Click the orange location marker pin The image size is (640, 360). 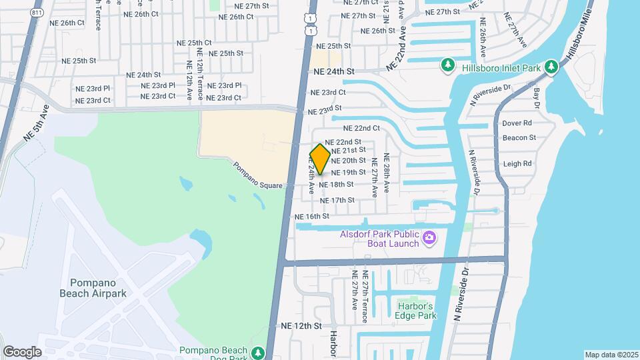[320, 159]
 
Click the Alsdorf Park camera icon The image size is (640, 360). [430, 237]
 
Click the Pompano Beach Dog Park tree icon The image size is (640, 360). [258, 352]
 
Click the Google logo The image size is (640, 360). [22, 351]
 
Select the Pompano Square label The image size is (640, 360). [259, 175]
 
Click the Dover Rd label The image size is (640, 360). [517, 123]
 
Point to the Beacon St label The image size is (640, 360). [519, 138]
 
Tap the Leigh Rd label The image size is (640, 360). [518, 163]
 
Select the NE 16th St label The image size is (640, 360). [312, 217]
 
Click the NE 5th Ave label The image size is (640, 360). [36, 125]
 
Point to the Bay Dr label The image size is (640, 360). [535, 97]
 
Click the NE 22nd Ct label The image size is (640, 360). [361, 128]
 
